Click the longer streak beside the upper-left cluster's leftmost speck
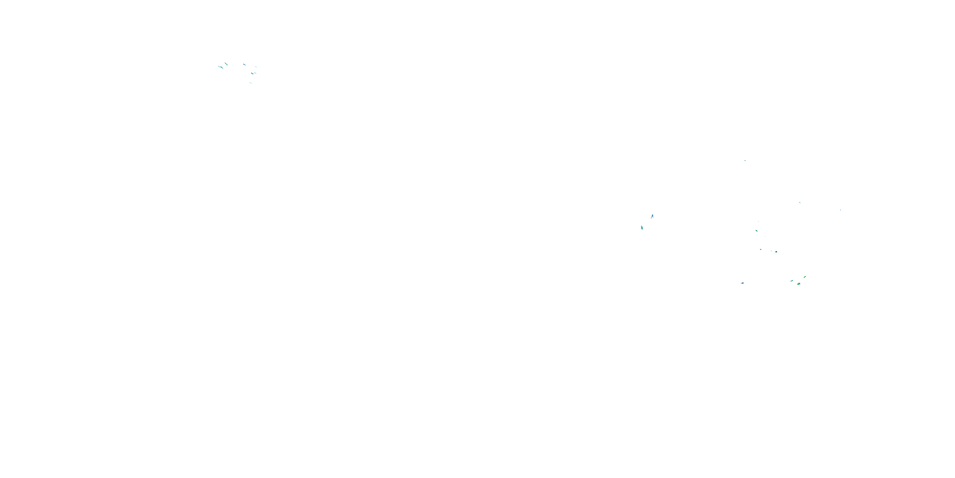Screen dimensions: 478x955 coord(221,68)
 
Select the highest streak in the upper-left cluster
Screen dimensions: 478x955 coord(226,64)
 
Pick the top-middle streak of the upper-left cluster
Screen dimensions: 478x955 coord(244,65)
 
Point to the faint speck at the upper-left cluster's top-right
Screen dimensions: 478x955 coord(255,67)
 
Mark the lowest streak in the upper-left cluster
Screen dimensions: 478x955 coord(251,83)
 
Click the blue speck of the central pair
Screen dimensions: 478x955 coord(652,216)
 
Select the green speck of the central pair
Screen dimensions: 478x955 coord(642,228)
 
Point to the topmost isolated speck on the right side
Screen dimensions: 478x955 coord(745,161)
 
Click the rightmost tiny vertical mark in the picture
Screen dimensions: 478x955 coord(840,210)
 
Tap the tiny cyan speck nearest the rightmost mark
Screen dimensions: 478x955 coord(800,203)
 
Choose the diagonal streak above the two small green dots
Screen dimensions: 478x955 coord(756,231)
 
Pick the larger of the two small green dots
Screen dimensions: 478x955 coord(776,252)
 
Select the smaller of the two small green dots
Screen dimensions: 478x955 coord(761,249)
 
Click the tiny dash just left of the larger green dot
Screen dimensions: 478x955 coord(772,251)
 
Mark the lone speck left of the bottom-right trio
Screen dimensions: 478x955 coord(742,283)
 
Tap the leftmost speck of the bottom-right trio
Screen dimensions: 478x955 coord(791,281)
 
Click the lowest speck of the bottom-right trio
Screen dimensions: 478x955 coord(799,284)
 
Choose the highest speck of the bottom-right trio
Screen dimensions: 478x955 coord(805,277)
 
